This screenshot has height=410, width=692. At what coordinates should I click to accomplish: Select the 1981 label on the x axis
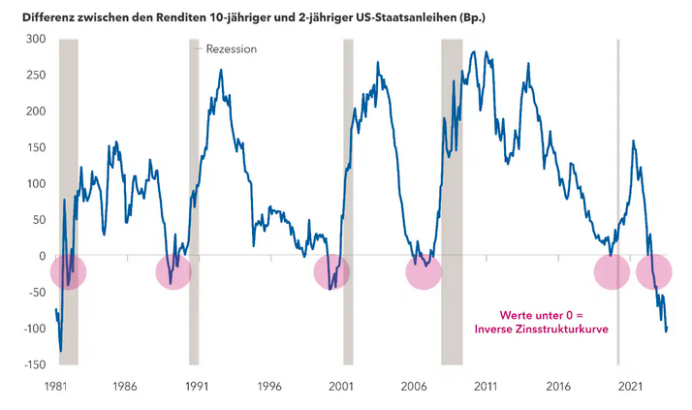56,384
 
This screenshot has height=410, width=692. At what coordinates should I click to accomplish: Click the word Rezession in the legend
232,48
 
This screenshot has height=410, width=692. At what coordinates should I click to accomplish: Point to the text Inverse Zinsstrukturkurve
540,330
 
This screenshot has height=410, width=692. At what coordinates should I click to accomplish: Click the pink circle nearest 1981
68,272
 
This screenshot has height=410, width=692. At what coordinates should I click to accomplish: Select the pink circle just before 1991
173,272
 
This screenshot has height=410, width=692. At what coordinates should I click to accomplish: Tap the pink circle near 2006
423,272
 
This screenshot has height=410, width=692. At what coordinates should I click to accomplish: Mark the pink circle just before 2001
332,272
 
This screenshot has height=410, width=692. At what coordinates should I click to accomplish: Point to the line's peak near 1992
221,71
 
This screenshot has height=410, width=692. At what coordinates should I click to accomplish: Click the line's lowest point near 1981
60,350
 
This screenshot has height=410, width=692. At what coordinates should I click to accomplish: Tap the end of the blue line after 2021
666,330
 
